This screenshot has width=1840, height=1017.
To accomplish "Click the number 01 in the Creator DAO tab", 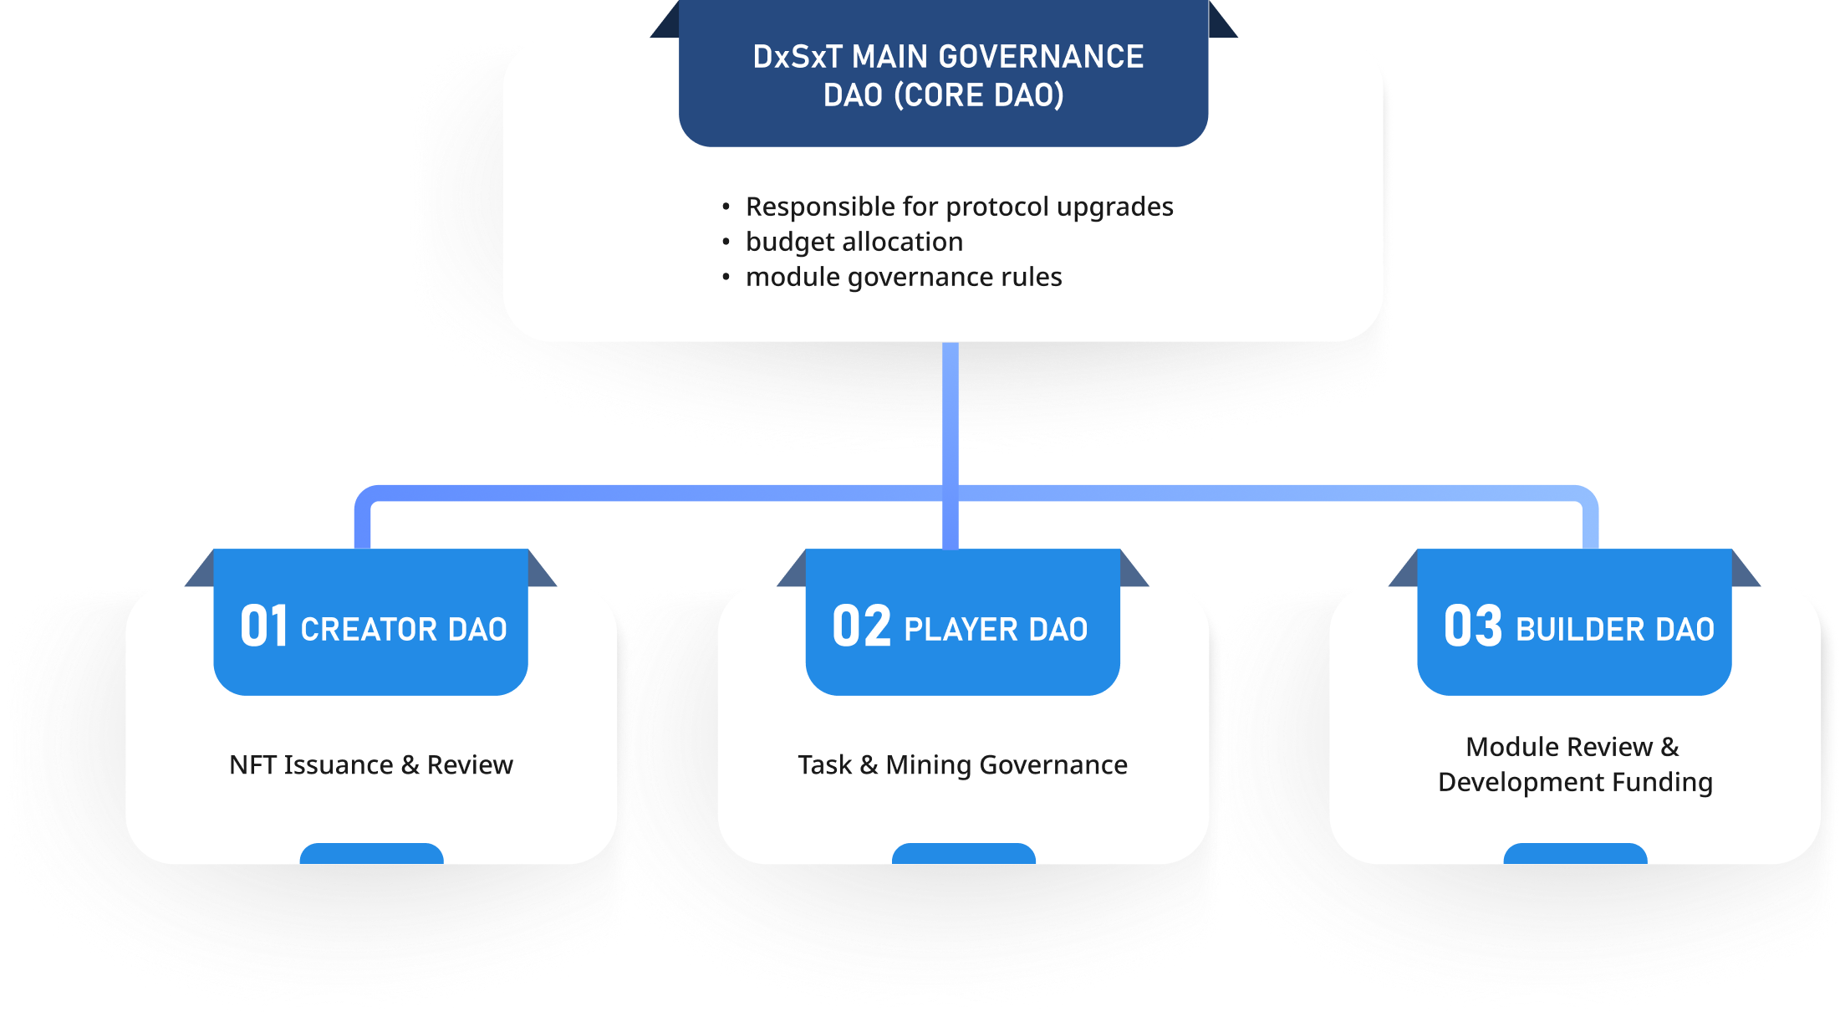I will click(x=264, y=626).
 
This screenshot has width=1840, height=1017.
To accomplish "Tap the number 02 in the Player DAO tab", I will click(x=861, y=626).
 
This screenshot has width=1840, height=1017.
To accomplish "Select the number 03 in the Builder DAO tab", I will click(x=1472, y=626).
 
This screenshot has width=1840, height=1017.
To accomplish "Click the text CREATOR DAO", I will click(x=404, y=630).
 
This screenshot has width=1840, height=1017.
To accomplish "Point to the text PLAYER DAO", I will click(x=996, y=630).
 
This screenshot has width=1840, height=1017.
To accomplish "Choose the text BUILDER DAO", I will click(x=1614, y=630).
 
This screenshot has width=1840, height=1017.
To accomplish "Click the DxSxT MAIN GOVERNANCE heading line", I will click(x=948, y=57).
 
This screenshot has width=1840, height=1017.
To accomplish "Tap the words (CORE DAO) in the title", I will click(x=979, y=95).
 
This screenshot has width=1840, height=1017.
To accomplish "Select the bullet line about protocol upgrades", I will click(x=959, y=207).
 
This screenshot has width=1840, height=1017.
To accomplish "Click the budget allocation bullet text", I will click(x=854, y=242).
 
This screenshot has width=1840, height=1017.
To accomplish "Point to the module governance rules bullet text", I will click(x=904, y=277).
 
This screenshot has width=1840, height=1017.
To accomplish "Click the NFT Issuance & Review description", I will click(x=371, y=765).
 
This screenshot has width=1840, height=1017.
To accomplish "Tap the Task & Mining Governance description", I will click(x=962, y=765).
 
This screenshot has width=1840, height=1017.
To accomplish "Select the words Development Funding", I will click(x=1575, y=782).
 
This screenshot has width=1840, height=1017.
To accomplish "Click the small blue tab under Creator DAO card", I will click(x=371, y=854).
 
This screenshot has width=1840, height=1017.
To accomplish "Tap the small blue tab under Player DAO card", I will click(x=963, y=854).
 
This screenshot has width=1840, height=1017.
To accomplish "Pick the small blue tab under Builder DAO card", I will click(x=1575, y=854).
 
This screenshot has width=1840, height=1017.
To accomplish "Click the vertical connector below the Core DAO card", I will click(x=951, y=410).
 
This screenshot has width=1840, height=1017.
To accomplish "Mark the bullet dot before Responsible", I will click(x=726, y=207).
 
